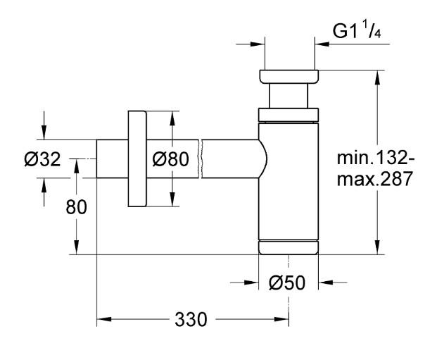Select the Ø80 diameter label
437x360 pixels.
click(x=171, y=160)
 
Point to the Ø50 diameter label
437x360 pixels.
click(x=287, y=283)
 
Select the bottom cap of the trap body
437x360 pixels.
click(x=289, y=247)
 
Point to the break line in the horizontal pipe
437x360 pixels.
click(x=201, y=159)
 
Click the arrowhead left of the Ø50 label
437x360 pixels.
click(x=252, y=283)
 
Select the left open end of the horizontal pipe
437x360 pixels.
click(x=98, y=160)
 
